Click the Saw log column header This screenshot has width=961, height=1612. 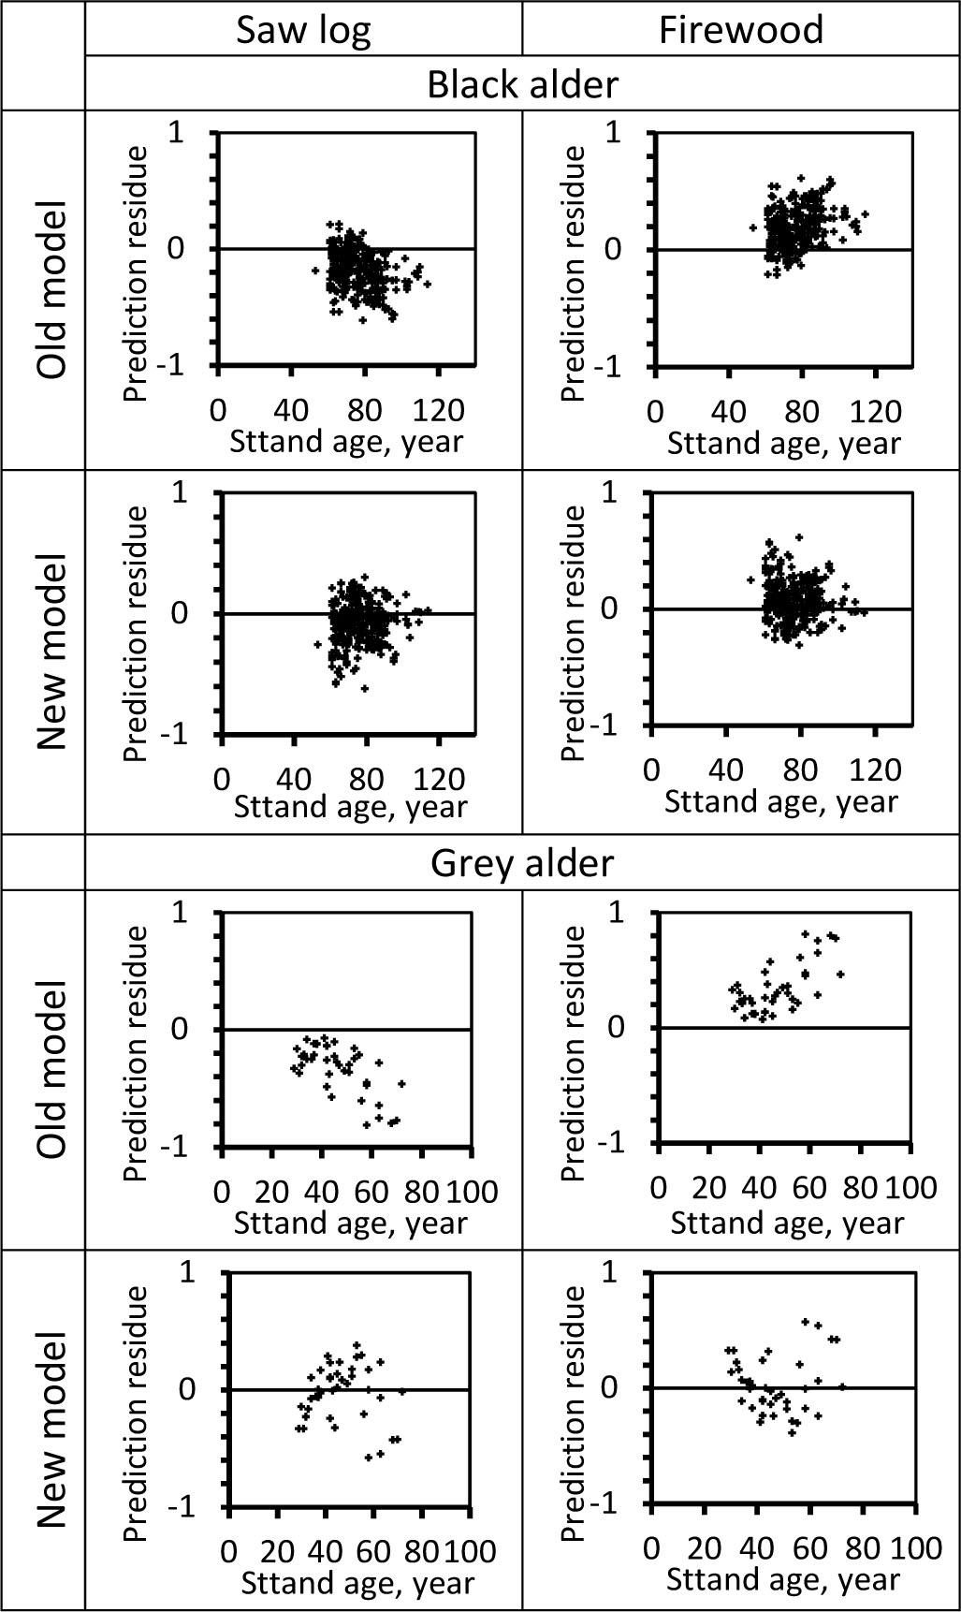[x=303, y=30]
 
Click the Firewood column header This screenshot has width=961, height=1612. [x=740, y=30]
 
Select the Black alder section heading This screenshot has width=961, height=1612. [x=522, y=84]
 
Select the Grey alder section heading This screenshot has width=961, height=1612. [x=522, y=862]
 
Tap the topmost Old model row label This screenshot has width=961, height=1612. [x=53, y=289]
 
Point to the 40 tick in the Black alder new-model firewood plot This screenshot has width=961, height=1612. [x=726, y=769]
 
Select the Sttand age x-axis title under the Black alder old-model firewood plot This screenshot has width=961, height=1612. [x=783, y=443]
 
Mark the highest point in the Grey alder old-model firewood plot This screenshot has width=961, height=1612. [x=805, y=933]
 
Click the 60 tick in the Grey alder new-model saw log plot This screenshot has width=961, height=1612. [x=371, y=1550]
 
